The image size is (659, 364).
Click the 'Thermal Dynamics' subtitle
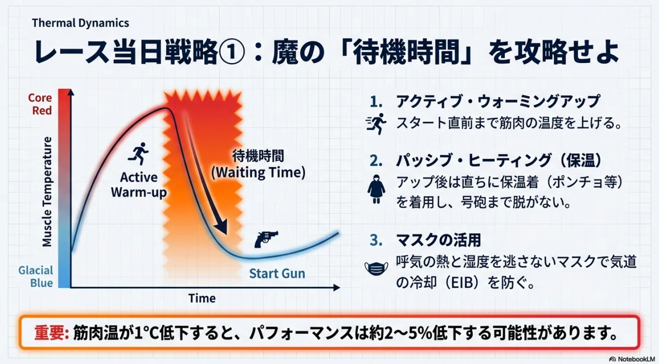tap(80, 23)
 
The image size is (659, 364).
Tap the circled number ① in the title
tap(232, 53)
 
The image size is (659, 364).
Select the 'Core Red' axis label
tap(40, 104)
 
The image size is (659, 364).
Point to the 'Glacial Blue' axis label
tap(36, 276)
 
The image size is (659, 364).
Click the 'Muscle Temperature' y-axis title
tap(47, 192)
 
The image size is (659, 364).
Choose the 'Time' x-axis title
tap(202, 298)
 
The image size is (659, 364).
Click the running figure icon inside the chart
tap(138, 154)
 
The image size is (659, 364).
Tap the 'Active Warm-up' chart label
tap(138, 185)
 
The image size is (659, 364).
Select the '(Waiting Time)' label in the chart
tap(258, 172)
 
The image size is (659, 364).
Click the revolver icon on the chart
tap(266, 239)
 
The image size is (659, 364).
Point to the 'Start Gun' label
tap(277, 273)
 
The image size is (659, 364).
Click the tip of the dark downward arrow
tap(225, 234)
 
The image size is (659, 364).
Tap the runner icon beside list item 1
tap(376, 124)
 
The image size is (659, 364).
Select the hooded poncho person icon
tap(376, 189)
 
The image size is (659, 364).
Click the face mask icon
tap(376, 268)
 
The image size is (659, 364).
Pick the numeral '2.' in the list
tap(376, 161)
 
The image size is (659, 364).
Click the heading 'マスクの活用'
tap(438, 240)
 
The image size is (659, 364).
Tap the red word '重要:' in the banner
tap(52, 333)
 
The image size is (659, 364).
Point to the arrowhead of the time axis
tap(337, 288)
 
